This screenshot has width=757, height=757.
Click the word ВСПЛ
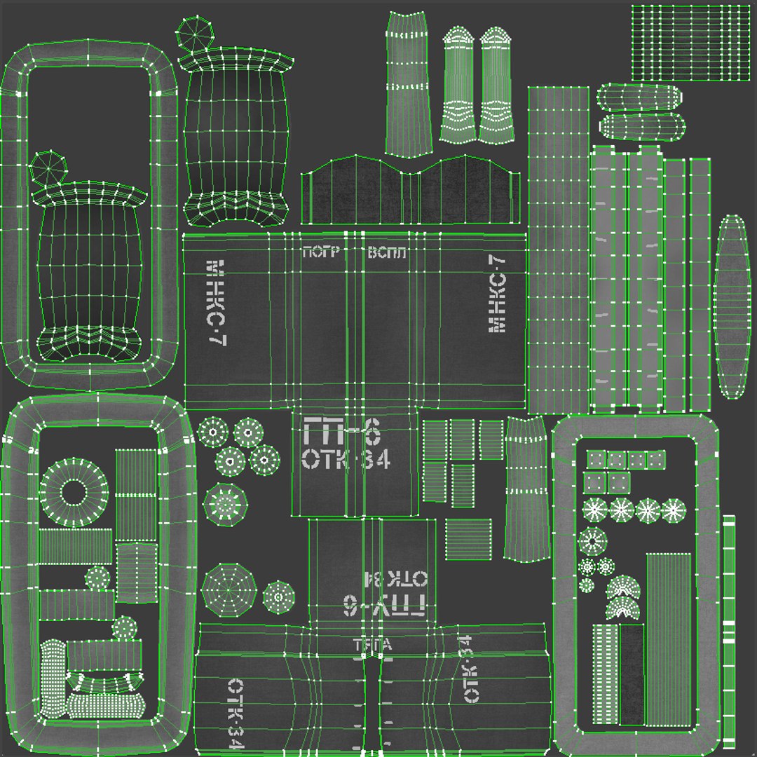pyautogui.click(x=386, y=253)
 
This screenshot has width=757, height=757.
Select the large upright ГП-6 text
pyautogui.click(x=341, y=431)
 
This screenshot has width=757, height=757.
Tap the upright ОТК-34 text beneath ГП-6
pyautogui.click(x=346, y=460)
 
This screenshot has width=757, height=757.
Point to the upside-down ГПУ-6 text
pyautogui.click(x=384, y=605)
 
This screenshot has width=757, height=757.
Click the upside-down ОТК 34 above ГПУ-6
pyautogui.click(x=394, y=578)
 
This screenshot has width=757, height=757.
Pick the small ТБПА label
pyautogui.click(x=372, y=646)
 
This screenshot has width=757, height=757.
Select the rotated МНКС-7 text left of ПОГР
pyautogui.click(x=217, y=302)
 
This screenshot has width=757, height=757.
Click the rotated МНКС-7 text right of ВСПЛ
pyautogui.click(x=496, y=292)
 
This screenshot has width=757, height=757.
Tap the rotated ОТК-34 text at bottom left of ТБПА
pyautogui.click(x=234, y=715)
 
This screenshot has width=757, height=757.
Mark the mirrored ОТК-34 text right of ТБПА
pyautogui.click(x=468, y=669)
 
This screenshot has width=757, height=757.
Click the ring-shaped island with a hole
pyautogui.click(x=73, y=493)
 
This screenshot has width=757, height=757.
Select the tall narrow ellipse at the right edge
pyautogui.click(x=732, y=306)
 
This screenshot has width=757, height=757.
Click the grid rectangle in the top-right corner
pyautogui.click(x=690, y=43)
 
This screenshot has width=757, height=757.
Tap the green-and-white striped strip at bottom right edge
pyautogui.click(x=729, y=631)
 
